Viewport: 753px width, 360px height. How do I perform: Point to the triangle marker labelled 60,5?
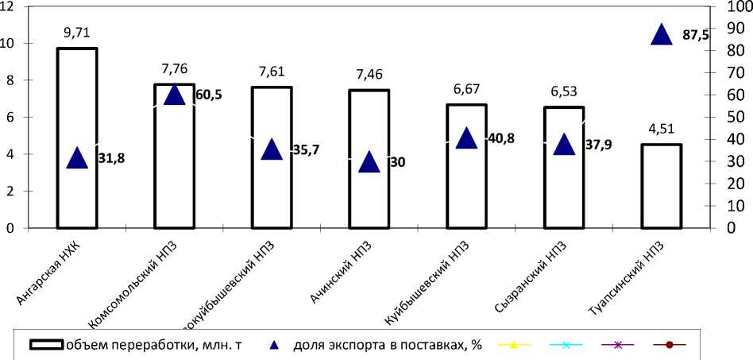coord(174,95)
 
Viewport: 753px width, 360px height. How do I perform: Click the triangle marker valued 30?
coord(369,161)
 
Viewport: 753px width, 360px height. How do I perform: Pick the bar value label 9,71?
coord(77,33)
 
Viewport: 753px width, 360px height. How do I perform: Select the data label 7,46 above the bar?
coord(369,75)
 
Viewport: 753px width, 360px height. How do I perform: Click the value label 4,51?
coord(661,129)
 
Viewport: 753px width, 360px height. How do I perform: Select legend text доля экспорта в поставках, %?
coord(388,345)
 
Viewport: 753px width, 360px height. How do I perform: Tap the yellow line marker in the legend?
coord(514,345)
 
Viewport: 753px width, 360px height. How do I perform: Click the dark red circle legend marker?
coord(669,345)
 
